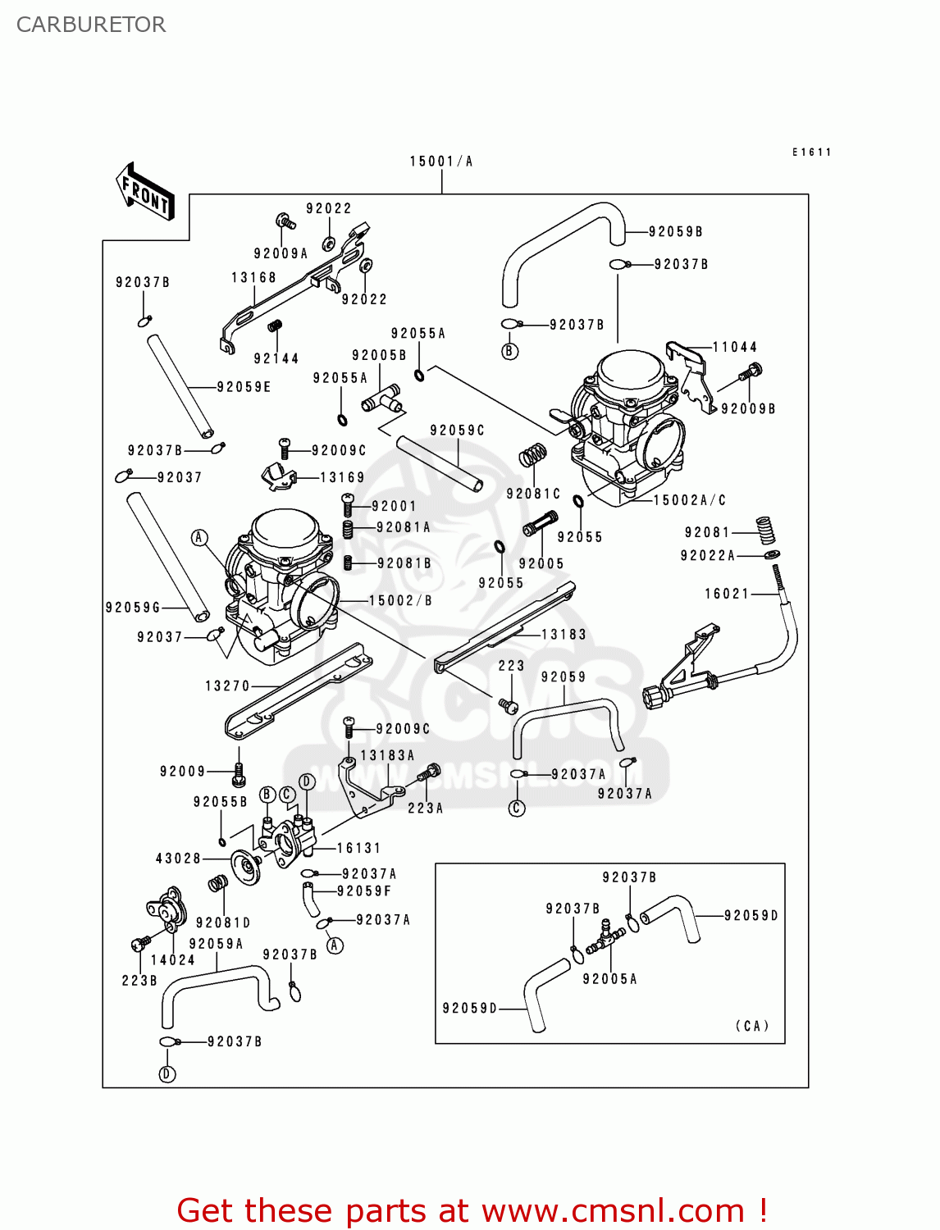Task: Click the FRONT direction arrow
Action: (146, 192)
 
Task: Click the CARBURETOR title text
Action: (91, 25)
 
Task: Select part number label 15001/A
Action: (441, 162)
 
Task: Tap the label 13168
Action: (253, 278)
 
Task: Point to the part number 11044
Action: (734, 347)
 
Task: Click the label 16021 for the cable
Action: (727, 594)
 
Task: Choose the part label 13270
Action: (227, 686)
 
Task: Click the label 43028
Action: (178, 859)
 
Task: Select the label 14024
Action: (172, 960)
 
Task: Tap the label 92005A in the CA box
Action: (609, 979)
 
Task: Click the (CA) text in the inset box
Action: (752, 1026)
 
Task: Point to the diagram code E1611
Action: (812, 153)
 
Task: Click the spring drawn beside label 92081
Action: (766, 530)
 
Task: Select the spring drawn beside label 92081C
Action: (533, 455)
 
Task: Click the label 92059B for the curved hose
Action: (675, 232)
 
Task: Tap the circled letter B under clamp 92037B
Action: (510, 352)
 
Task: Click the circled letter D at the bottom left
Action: (167, 1074)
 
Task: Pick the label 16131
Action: (358, 848)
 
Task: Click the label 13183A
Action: (387, 755)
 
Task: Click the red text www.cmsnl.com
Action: (612, 1210)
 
